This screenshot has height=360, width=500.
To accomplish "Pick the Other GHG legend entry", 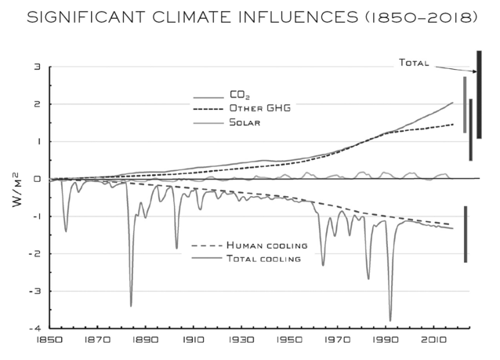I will pos(259,108).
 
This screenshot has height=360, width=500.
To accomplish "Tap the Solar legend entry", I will pos(244,122).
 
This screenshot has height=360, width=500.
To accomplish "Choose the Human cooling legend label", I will pos(266,245).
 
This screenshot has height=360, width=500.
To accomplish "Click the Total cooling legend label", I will pos(263,258).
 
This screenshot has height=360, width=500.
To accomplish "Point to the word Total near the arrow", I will pos(415,63).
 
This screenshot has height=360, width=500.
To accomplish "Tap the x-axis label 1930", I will pos(241,341).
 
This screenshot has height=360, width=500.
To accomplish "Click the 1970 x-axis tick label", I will pos(338,341).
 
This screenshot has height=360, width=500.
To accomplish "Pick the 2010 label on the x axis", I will pos(434,341).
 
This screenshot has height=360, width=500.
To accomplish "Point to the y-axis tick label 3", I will pos(37,67).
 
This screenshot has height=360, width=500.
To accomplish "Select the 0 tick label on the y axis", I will pos(37,179).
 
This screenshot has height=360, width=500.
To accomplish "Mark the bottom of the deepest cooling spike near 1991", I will pos(389,321).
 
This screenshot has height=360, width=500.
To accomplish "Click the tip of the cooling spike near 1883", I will pos(131,306).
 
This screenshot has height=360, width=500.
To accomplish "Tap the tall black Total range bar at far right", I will pos(479,94).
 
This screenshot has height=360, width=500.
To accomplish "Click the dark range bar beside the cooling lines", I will pos(465,234).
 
